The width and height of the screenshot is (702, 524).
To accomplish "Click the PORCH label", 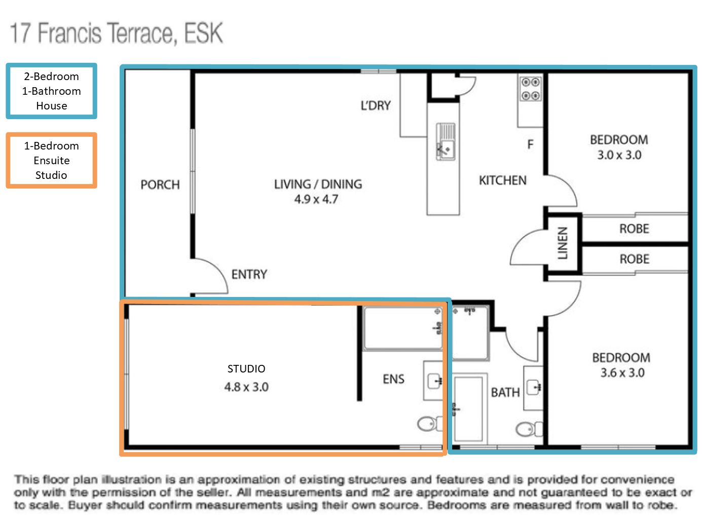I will point(160,185).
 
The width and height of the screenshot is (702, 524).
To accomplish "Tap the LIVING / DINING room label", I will point(318,184).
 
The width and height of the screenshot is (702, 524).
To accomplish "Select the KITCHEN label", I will point(502,180).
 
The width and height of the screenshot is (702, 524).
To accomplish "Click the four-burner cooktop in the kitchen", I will point(531,89).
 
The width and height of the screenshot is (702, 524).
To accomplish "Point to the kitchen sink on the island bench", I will point(446,142).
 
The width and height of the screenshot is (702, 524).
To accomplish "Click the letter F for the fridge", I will point(530,145).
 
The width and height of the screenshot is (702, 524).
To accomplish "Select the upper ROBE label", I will point(634,229).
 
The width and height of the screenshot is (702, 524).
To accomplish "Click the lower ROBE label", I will point(634,259).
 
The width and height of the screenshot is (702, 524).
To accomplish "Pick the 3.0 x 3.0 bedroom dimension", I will point(619,155).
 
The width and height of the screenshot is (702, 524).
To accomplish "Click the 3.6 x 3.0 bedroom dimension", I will point(621,373).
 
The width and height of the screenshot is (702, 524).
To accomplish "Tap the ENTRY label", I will point(249,275).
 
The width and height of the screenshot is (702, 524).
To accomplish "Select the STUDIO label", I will point(246,369).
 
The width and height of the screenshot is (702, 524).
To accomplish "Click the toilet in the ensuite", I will point(428,423).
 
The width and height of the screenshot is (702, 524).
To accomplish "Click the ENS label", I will point(393,379).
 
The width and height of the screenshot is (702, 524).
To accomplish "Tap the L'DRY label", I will point(376,106).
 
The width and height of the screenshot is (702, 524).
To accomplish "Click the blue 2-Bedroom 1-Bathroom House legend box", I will point(51,91).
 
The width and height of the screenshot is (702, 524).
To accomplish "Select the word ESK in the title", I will point(203,33).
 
